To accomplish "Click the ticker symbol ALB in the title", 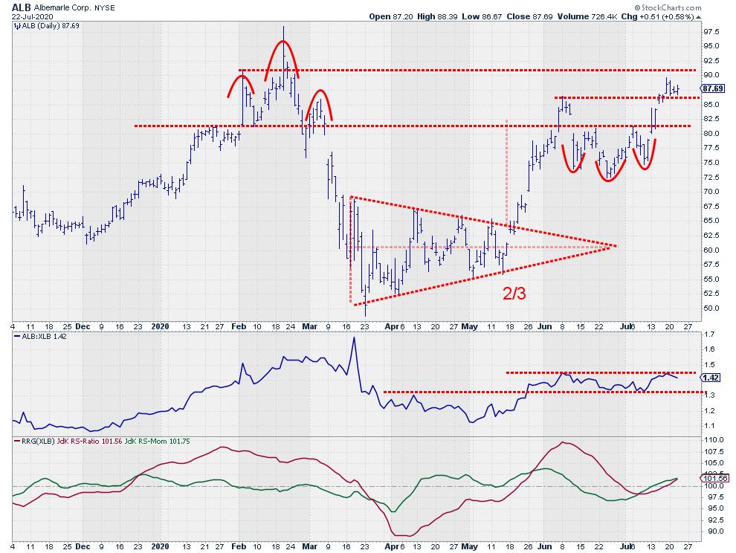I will click(x=21, y=7).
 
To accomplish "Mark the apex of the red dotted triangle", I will click(x=616, y=245).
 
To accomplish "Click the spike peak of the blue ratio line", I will click(x=354, y=337).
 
